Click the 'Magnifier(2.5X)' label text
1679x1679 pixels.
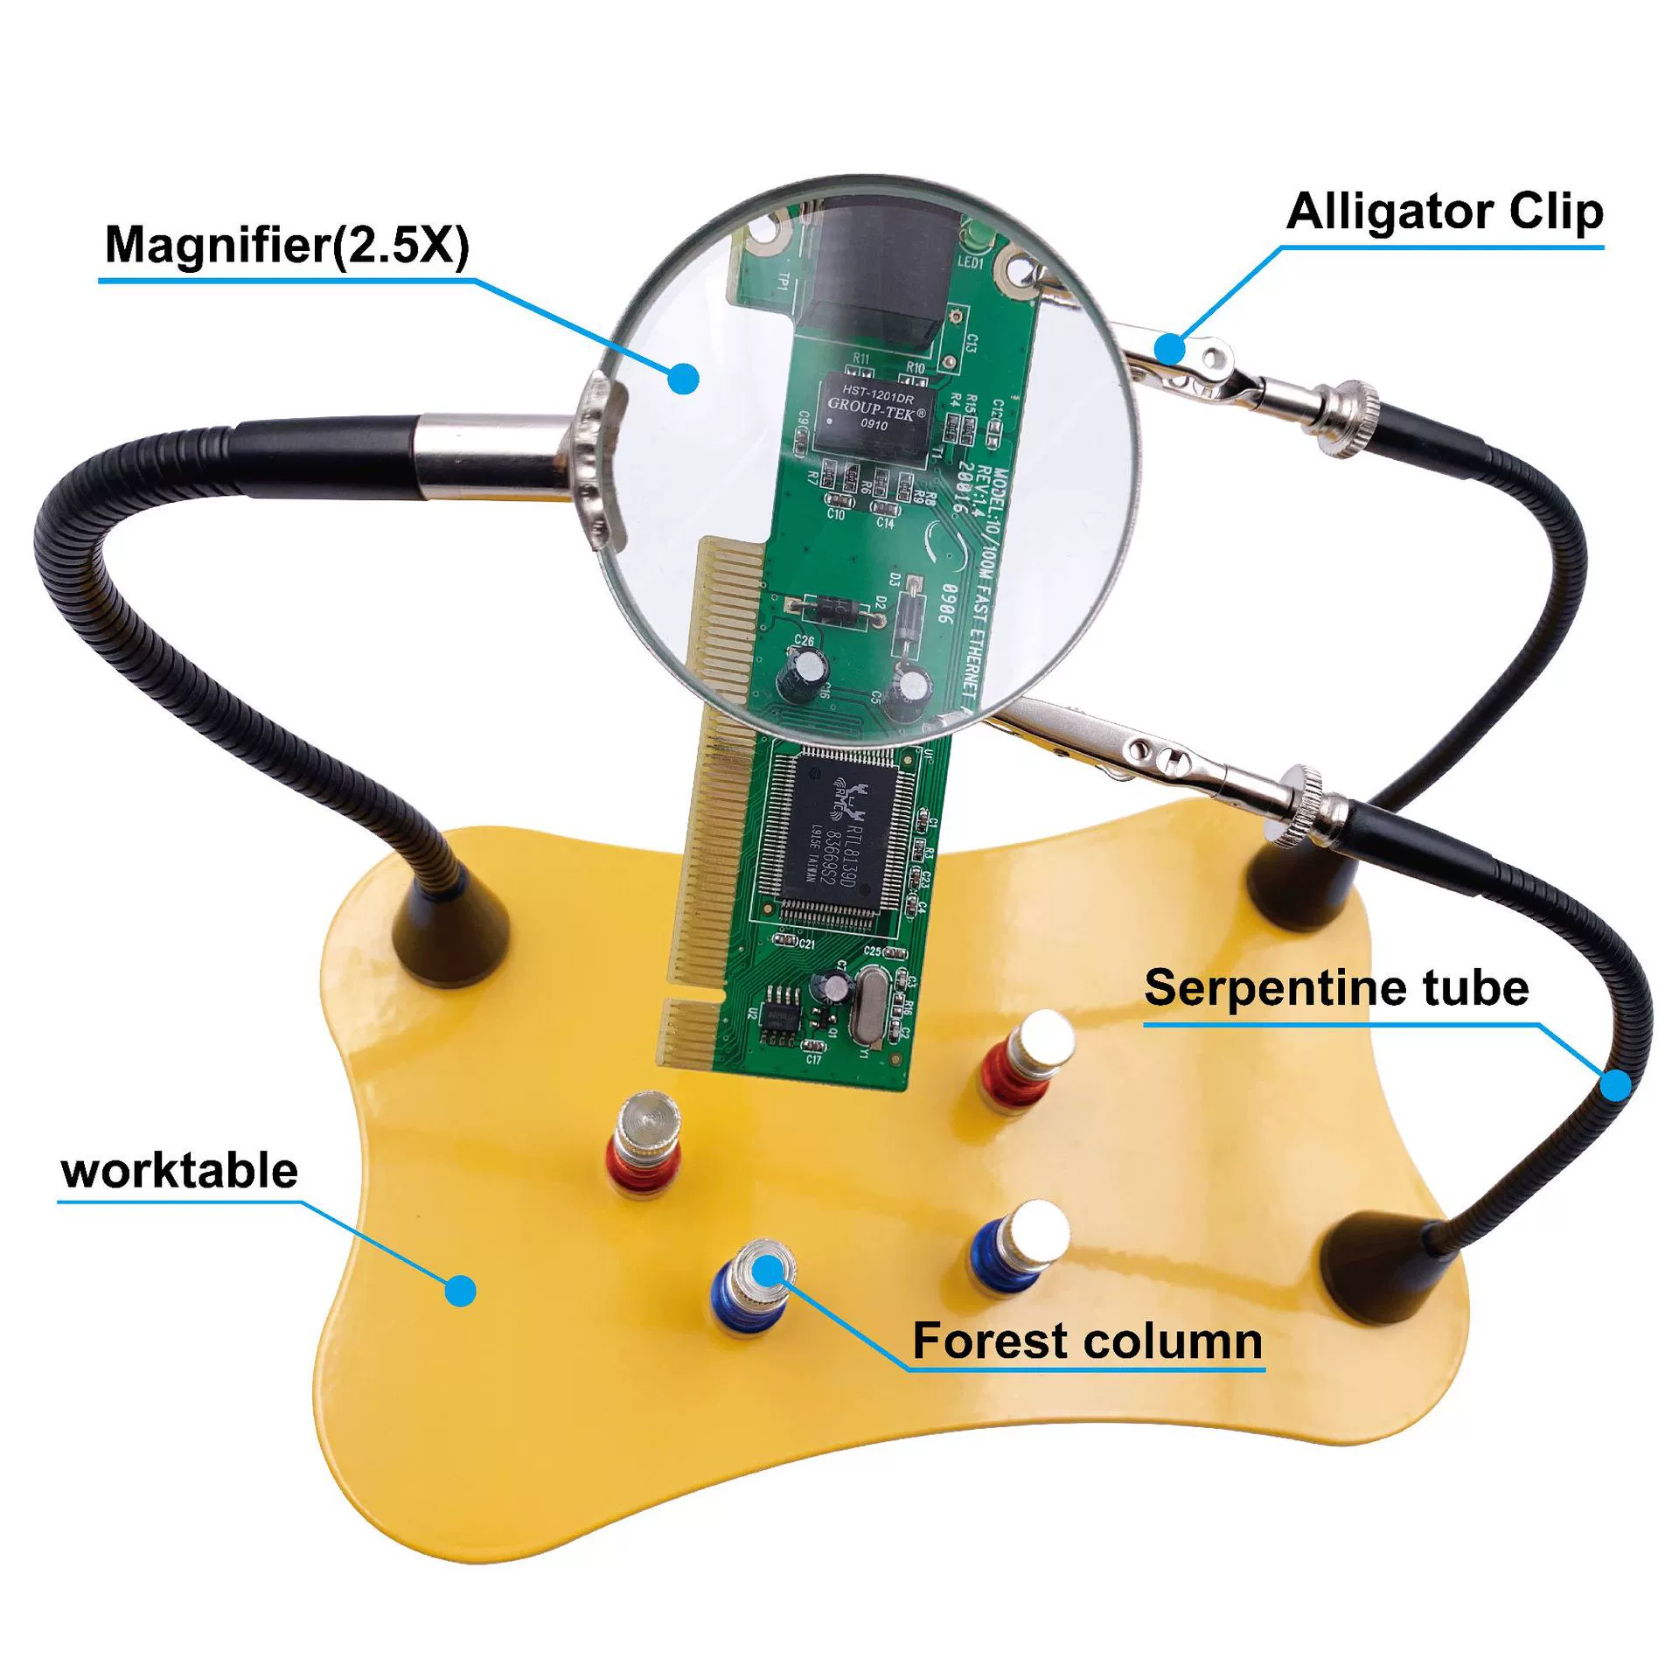click(x=287, y=245)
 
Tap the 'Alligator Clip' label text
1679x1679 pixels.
click(x=1445, y=212)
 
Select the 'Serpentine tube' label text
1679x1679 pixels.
click(x=1336, y=988)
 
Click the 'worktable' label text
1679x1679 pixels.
click(x=180, y=1171)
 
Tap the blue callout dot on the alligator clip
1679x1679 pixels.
click(x=1169, y=348)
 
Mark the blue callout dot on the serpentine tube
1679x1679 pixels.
click(x=1616, y=1085)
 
